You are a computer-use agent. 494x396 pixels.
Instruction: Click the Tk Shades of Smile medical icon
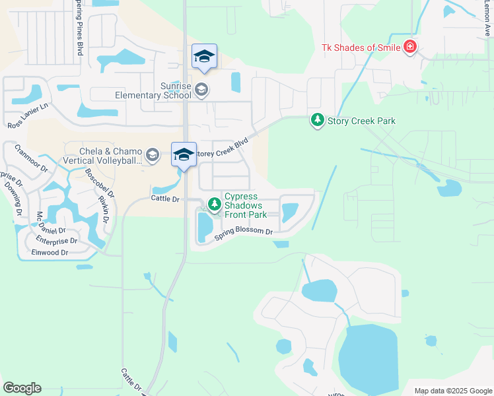[x=409, y=46]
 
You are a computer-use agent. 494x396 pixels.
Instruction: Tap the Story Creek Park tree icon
[x=318, y=120]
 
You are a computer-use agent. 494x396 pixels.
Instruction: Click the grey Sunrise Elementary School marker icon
[x=201, y=90]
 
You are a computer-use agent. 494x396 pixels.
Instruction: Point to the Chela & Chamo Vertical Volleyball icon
[x=153, y=155]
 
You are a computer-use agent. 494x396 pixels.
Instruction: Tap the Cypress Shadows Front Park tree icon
[x=214, y=205]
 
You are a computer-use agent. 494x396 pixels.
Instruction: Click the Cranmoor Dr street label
[x=31, y=158]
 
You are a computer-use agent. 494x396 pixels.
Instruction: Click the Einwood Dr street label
[x=50, y=252]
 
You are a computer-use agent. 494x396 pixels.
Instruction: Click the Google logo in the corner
[x=22, y=388]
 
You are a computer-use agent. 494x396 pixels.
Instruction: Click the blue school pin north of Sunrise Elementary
[x=204, y=57]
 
